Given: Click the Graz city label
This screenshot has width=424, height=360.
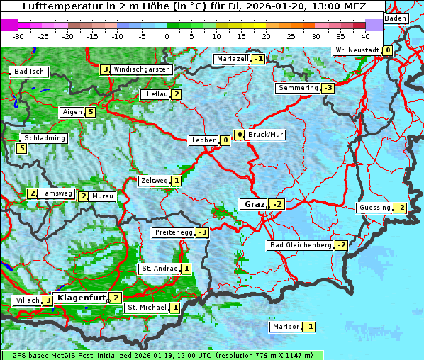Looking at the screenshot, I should point(254,204).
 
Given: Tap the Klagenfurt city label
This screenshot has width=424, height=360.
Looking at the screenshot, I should point(82,298).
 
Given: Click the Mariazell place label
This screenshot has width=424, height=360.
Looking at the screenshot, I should point(233,59).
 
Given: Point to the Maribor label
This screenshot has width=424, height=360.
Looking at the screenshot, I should point(285,327).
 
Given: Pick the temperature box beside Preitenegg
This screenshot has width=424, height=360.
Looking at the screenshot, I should point(203,232).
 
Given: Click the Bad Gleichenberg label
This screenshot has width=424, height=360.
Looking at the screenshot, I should point(300,245).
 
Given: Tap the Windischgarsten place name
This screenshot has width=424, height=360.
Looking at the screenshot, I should point(142,69).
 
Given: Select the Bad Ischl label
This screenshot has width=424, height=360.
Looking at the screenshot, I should point(30,72).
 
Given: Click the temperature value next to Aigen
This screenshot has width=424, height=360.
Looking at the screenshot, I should point(91,112).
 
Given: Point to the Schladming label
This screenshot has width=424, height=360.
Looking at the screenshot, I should point(44,138).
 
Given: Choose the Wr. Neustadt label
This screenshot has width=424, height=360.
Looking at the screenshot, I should point(357,51).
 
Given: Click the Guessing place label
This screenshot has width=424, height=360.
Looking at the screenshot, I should point(374,208).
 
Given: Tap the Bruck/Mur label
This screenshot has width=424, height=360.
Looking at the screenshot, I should point(265,135).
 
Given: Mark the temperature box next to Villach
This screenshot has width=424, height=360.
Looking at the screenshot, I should point(48,300).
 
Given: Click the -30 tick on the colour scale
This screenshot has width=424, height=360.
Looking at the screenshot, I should point(18,36).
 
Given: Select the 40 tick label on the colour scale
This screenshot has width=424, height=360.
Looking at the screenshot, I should point(365,36).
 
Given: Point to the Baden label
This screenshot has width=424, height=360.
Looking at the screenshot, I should point(396,18).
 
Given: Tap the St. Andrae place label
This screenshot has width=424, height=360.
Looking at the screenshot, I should point(159,269).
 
